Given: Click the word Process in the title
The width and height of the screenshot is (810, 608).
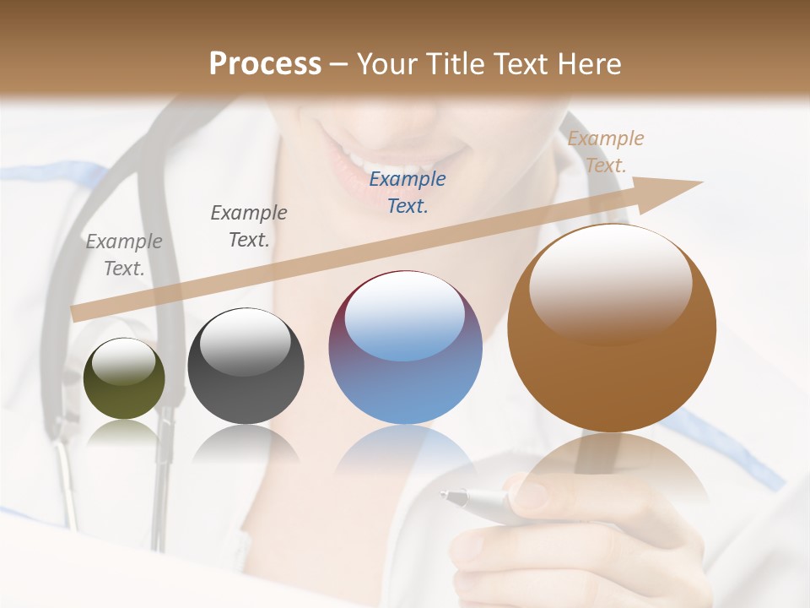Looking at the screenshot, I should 265,64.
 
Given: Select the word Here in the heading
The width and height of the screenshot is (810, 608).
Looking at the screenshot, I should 588,64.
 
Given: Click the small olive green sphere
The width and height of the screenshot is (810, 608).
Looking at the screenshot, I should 124,379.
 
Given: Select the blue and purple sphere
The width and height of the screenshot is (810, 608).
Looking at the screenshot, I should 405,348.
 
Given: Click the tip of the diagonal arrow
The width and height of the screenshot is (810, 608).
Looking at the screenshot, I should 700,183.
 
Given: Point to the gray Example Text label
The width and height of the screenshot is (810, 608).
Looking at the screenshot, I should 124,255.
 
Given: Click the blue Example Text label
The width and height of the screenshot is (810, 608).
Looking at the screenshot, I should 408,193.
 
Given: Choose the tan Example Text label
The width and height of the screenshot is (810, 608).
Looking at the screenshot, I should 605,152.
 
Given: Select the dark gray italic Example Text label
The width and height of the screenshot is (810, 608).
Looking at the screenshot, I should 249,226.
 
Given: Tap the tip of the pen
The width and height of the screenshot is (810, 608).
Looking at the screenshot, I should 442,495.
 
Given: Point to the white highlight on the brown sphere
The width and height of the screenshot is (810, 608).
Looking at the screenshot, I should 610,279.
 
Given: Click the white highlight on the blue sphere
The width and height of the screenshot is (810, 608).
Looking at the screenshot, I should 405,317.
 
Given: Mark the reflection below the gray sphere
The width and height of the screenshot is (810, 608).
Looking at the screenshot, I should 246,443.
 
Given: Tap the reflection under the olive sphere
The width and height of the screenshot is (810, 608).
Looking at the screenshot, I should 124,432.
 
